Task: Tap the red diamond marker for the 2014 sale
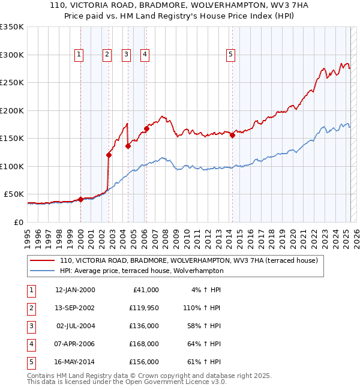click(x=232, y=135)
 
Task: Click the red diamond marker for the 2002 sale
click(x=109, y=155)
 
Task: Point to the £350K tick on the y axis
click(x=12, y=27)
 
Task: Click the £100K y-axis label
click(x=12, y=166)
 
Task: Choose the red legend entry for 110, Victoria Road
click(x=192, y=260)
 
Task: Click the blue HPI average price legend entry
click(x=141, y=271)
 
